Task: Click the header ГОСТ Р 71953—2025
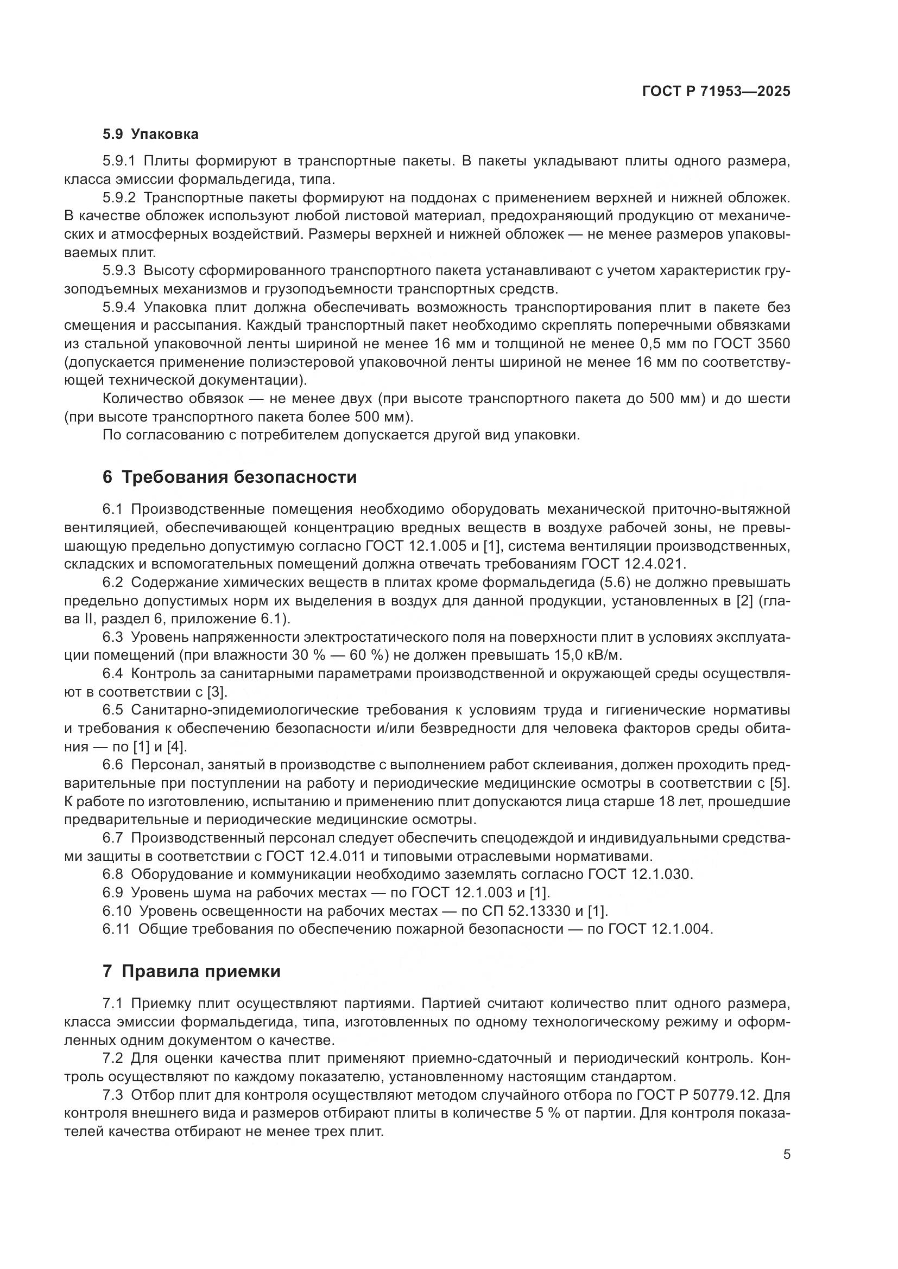pos(716,92)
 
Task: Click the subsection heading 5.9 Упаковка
pos(150,135)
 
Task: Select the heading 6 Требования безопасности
pos(230,477)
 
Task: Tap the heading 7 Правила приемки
pos(191,971)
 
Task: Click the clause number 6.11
pos(116,929)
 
